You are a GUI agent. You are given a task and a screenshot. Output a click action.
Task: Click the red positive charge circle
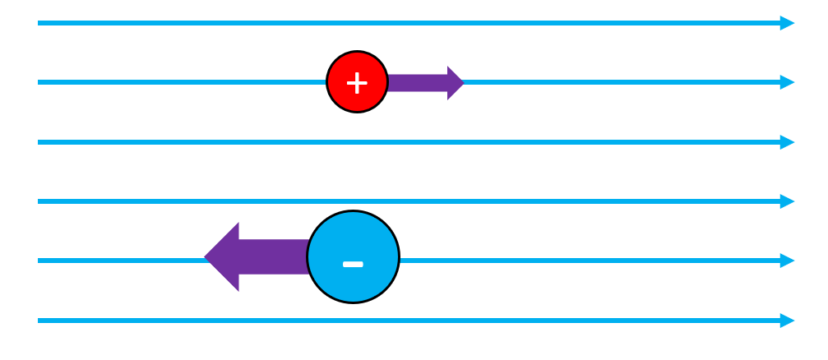click(357, 82)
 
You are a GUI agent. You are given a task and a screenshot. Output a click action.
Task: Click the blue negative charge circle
click(353, 257)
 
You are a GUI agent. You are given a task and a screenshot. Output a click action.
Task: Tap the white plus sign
click(356, 82)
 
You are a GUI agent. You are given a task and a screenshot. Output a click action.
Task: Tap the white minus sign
click(353, 264)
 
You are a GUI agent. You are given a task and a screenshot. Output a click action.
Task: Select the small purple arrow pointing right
click(423, 82)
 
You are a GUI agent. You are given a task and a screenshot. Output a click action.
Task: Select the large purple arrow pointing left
click(255, 256)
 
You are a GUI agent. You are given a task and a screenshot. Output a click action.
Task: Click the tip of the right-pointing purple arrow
click(463, 82)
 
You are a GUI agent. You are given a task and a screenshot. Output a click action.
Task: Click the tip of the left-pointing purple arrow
click(206, 256)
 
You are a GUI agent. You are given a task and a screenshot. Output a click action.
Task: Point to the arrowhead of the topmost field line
click(788, 23)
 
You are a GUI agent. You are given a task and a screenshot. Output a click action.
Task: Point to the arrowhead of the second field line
click(788, 82)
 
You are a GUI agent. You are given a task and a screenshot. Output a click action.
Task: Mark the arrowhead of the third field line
click(788, 142)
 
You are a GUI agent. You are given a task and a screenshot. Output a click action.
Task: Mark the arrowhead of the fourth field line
click(788, 201)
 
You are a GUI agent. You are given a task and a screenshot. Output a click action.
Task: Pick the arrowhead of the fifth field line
click(788, 261)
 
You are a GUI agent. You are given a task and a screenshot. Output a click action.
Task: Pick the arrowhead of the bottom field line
click(788, 321)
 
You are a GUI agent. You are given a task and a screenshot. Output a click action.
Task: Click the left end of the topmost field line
click(39, 23)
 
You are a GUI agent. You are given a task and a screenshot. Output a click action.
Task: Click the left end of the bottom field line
click(39, 321)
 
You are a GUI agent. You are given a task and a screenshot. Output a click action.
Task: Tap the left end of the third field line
click(39, 142)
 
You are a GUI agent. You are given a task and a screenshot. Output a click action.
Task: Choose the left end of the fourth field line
click(39, 201)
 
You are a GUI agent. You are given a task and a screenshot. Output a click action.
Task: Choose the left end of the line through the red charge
click(39, 82)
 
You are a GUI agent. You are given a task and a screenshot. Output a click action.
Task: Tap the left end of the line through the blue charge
click(39, 261)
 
